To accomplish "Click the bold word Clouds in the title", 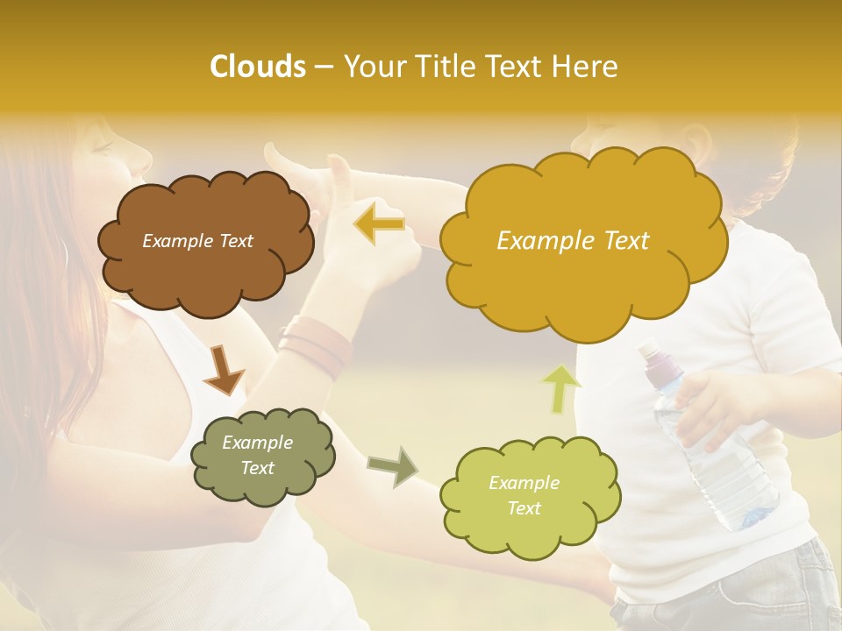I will pyautogui.click(x=259, y=67).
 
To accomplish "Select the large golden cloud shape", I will pyautogui.click(x=582, y=242).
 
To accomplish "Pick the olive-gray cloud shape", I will pyautogui.click(x=262, y=455).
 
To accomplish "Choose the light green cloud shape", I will pyautogui.click(x=529, y=496).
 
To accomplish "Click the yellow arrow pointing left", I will pyautogui.click(x=379, y=224).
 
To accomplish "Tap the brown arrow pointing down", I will pyautogui.click(x=223, y=368).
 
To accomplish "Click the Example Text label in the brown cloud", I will pyautogui.click(x=197, y=241).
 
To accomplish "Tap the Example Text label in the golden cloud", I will pyautogui.click(x=573, y=241).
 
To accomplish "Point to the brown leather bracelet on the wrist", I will pyautogui.click(x=316, y=346).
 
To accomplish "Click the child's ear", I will pyautogui.click(x=698, y=139).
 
